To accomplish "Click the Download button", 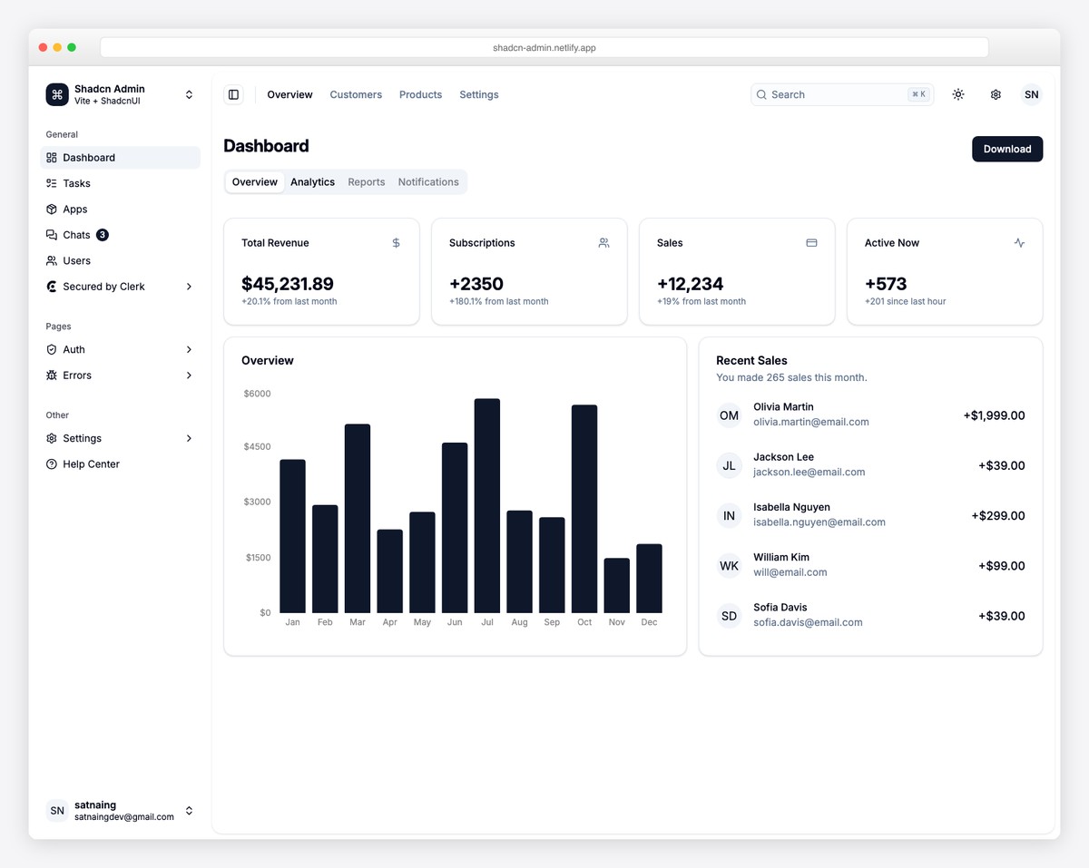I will click(x=1006, y=149).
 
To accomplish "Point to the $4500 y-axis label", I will click(x=257, y=446).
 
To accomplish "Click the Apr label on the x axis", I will click(x=389, y=622).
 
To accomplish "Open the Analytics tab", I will click(x=312, y=182).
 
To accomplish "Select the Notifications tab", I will click(x=428, y=182).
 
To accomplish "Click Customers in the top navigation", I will click(x=356, y=94).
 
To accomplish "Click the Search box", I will click(x=835, y=94).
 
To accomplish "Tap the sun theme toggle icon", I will click(x=958, y=94).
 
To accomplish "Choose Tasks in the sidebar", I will click(x=76, y=183).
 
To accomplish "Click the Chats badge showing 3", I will click(x=103, y=235).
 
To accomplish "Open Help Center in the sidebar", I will click(x=91, y=464).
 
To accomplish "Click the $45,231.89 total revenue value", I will click(x=287, y=284).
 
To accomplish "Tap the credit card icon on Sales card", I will click(x=811, y=243).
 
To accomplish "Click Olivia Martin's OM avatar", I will click(x=729, y=415).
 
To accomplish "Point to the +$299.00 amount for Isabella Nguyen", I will click(x=997, y=515).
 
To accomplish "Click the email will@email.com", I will click(x=790, y=572).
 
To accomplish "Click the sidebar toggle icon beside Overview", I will click(x=233, y=94).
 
